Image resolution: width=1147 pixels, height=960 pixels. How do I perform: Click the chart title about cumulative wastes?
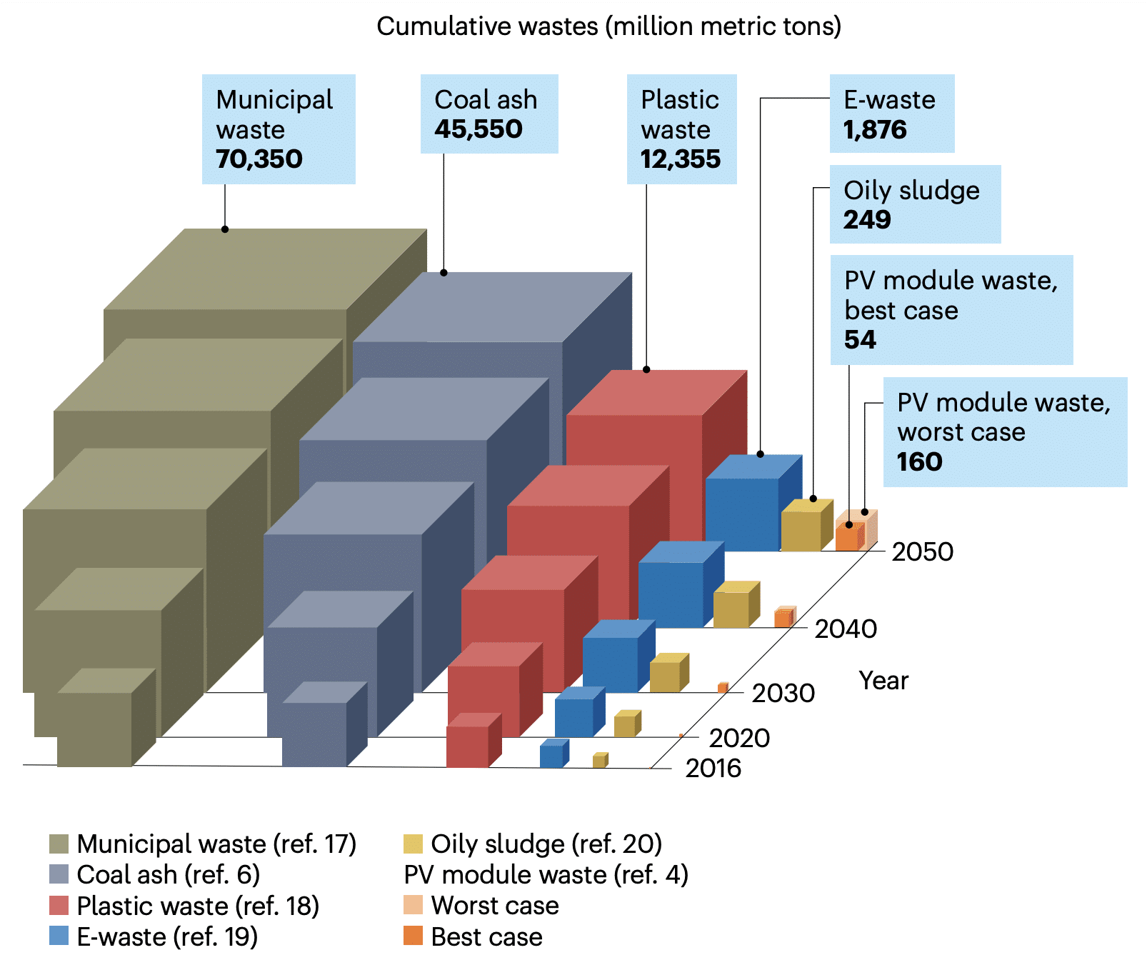pyautogui.click(x=608, y=26)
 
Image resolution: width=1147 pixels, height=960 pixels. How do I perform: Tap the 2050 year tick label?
pyautogui.click(x=922, y=552)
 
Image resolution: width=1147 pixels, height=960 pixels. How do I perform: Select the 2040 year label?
pyautogui.click(x=846, y=629)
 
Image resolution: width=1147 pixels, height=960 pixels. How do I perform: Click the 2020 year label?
pyautogui.click(x=739, y=738)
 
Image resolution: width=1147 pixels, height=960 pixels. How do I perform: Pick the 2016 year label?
pyautogui.click(x=713, y=769)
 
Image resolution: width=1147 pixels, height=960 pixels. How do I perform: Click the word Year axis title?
pyautogui.click(x=883, y=681)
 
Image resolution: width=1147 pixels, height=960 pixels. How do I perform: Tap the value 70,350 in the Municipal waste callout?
pyautogui.click(x=259, y=159)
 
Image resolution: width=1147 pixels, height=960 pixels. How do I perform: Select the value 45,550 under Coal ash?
pyautogui.click(x=479, y=129)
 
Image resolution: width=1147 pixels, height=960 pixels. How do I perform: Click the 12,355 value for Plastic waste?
pyautogui.click(x=681, y=159)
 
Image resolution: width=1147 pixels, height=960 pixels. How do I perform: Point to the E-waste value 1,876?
pyautogui.click(x=875, y=130)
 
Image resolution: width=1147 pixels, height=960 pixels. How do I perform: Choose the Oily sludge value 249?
pyautogui.click(x=867, y=220)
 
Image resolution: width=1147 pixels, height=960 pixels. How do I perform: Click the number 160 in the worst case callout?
pyautogui.click(x=920, y=462)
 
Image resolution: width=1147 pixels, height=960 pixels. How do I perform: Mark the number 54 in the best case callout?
pyautogui.click(x=860, y=340)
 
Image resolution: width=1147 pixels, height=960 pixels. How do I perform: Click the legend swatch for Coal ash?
pyautogui.click(x=59, y=874)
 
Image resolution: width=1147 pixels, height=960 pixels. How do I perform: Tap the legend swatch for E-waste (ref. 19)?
pyautogui.click(x=59, y=936)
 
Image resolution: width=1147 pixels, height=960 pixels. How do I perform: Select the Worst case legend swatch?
pyautogui.click(x=413, y=905)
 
